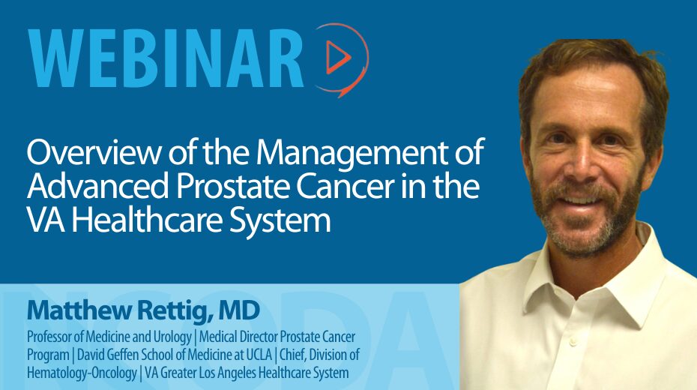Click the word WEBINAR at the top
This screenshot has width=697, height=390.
pyautogui.click(x=166, y=58)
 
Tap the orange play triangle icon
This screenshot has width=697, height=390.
pyautogui.click(x=338, y=57)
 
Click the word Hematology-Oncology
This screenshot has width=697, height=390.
pyautogui.click(x=82, y=373)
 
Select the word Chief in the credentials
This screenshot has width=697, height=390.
pyautogui.click(x=293, y=355)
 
